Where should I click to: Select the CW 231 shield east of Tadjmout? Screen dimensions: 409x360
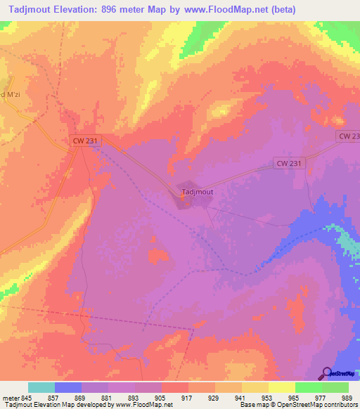click(288, 163)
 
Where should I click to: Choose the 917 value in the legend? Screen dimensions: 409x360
click(188, 397)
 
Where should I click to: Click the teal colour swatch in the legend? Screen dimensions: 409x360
click(41, 387)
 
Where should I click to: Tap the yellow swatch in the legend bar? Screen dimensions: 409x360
click(281, 387)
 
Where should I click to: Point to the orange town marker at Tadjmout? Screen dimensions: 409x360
click(182, 199)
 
